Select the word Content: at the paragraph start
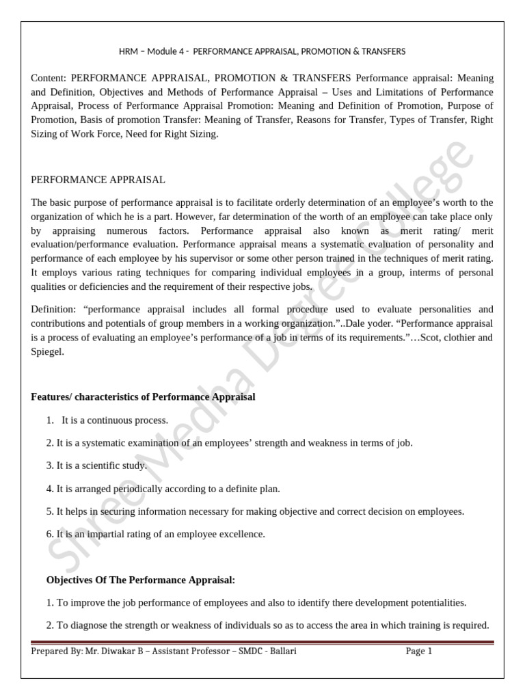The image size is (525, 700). (49, 78)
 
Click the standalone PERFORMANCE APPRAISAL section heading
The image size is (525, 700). (98, 180)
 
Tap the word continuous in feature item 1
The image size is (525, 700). (106, 420)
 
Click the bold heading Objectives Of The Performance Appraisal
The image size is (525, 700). (140, 580)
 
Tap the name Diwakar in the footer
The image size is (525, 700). (113, 651)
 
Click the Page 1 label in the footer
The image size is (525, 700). (419, 651)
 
